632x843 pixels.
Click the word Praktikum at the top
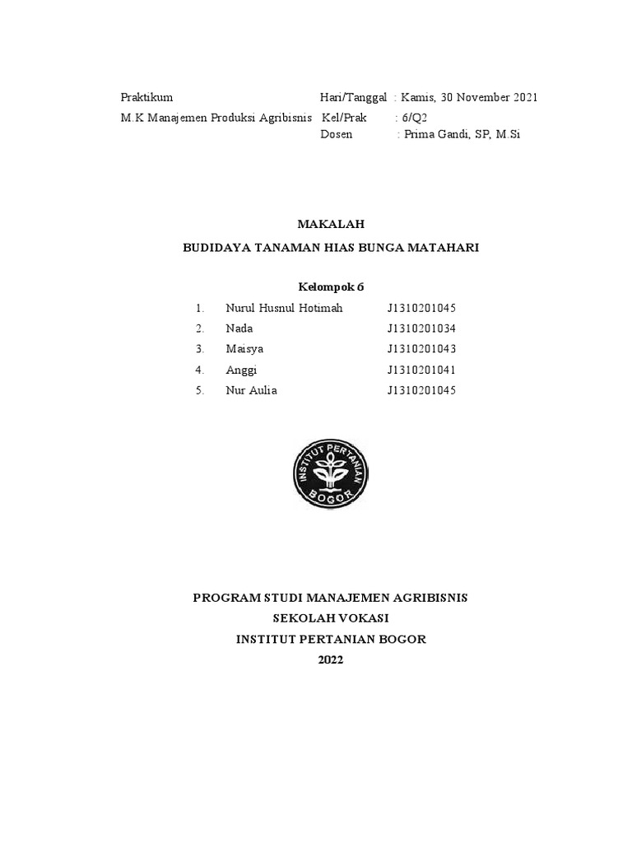pyautogui.click(x=146, y=97)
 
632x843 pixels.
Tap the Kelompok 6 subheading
pyautogui.click(x=329, y=287)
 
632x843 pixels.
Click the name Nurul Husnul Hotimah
pyautogui.click(x=284, y=308)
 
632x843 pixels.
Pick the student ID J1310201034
pyautogui.click(x=421, y=328)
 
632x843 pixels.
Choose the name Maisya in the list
pyautogui.click(x=244, y=349)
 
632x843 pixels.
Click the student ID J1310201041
pyautogui.click(x=421, y=370)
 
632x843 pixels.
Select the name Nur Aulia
pyautogui.click(x=251, y=390)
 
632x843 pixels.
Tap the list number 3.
pyautogui.click(x=199, y=349)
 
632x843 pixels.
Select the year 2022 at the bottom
pyautogui.click(x=329, y=659)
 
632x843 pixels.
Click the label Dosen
pyautogui.click(x=337, y=135)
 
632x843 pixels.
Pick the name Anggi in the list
pyautogui.click(x=241, y=370)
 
